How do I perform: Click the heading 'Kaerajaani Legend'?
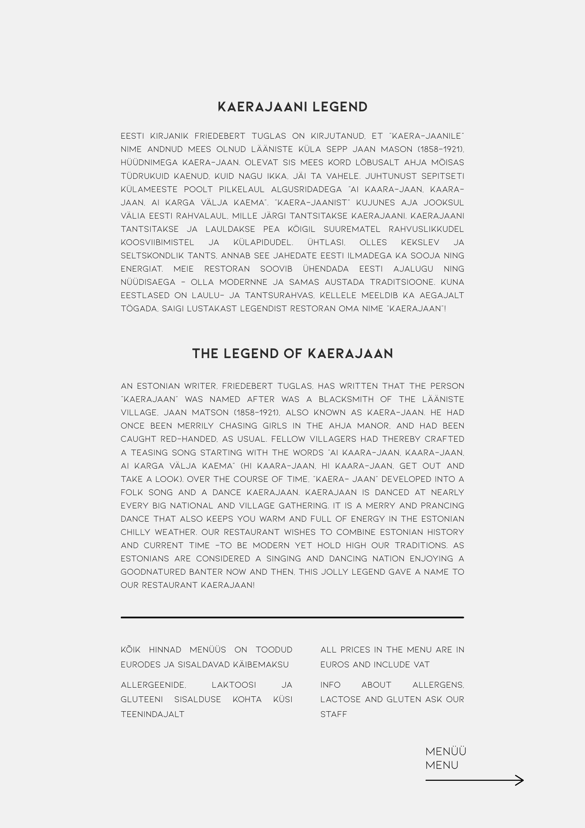(x=292, y=107)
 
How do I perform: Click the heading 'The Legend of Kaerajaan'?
(x=292, y=354)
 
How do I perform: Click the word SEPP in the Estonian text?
(x=337, y=149)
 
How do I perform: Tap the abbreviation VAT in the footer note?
(x=421, y=664)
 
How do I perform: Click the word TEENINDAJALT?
(x=153, y=714)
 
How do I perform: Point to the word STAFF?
(x=333, y=714)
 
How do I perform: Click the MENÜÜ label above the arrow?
(x=446, y=751)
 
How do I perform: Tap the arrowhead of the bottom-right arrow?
(x=520, y=780)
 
